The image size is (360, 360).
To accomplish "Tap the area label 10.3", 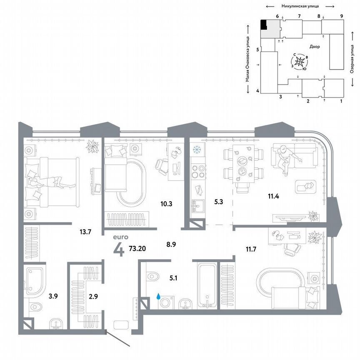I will (x=167, y=204).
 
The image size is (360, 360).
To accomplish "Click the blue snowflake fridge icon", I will (x=197, y=150).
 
